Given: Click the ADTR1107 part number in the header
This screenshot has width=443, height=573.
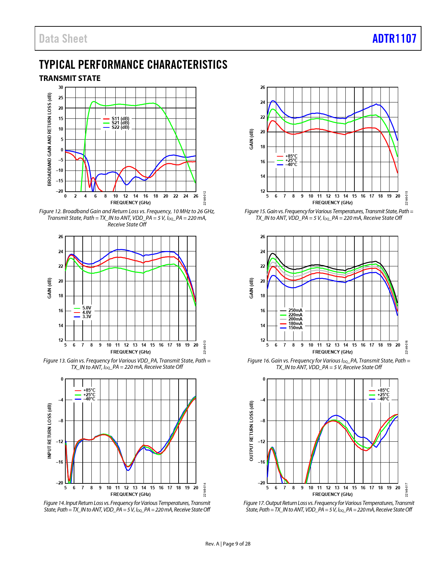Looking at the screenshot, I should tap(394, 39).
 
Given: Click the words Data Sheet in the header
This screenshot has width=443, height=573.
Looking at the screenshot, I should tap(63, 39).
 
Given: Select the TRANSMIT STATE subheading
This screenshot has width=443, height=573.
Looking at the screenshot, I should tap(70, 78).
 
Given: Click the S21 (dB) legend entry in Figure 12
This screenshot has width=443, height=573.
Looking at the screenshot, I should tap(120, 123).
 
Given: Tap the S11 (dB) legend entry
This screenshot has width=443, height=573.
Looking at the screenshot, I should tap(120, 119).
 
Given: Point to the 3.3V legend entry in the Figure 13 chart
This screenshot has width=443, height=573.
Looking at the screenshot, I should tap(87, 317).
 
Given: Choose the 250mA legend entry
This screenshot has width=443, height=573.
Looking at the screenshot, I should tap(295, 310).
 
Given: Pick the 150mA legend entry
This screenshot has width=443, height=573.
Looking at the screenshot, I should tap(295, 328).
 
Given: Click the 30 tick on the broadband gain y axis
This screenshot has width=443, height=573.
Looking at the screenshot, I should tap(61, 88).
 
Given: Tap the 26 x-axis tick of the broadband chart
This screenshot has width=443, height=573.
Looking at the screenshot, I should tap(196, 196).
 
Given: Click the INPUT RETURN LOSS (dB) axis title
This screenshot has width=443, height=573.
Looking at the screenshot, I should tap(50, 431).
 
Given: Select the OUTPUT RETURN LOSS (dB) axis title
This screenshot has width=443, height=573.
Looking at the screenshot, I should tap(252, 431).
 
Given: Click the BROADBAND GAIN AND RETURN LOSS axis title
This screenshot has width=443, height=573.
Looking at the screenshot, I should tap(50, 139).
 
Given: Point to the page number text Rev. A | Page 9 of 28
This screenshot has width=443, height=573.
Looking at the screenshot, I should tap(228, 544).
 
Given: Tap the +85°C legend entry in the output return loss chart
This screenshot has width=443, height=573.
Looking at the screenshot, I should tap(383, 390).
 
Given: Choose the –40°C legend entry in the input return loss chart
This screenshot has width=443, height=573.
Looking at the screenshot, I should tap(89, 399).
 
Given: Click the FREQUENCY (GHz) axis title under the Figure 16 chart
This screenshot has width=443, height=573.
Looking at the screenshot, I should tap(333, 352).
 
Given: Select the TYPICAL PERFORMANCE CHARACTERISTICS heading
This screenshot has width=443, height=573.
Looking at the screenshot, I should tap(133, 65).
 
